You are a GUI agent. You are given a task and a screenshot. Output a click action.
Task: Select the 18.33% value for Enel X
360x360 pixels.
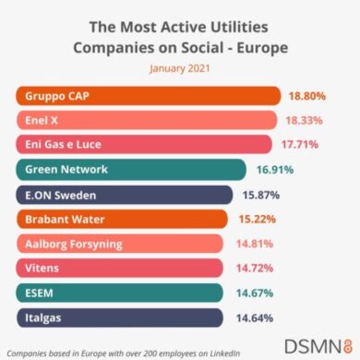click(303, 120)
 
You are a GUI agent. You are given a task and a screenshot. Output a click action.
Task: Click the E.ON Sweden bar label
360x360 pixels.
click(56, 195)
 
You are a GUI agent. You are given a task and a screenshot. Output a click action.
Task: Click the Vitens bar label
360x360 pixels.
click(41, 270)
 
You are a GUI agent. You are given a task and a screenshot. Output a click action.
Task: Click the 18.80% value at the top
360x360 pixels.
click(310, 95)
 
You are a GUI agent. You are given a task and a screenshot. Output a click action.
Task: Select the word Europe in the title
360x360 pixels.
click(259, 44)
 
